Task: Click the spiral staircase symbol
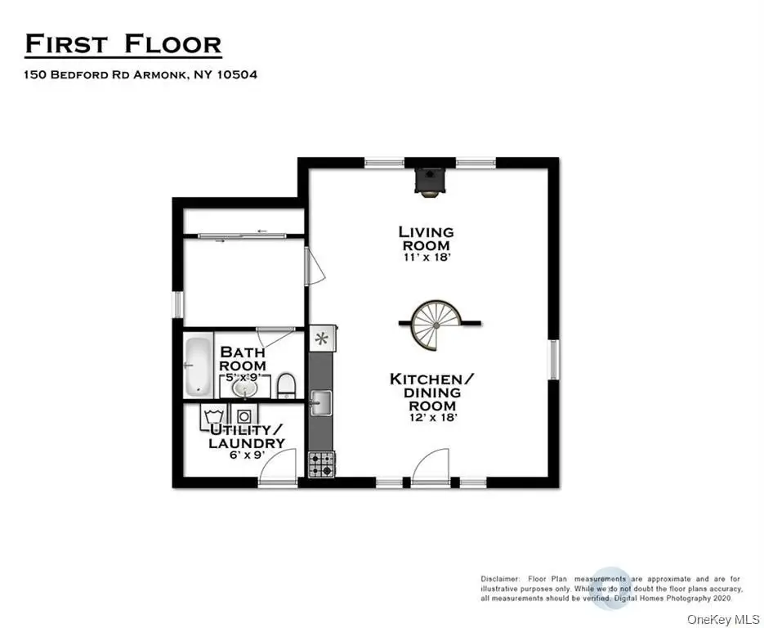point(437,324)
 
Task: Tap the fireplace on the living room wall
point(428,180)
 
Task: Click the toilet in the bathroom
point(285,384)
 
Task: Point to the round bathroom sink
point(243,388)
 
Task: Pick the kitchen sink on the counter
point(319,401)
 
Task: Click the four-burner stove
point(321,464)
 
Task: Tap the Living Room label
point(426,239)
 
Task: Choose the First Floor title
point(123,44)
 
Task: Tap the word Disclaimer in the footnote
point(499,579)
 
